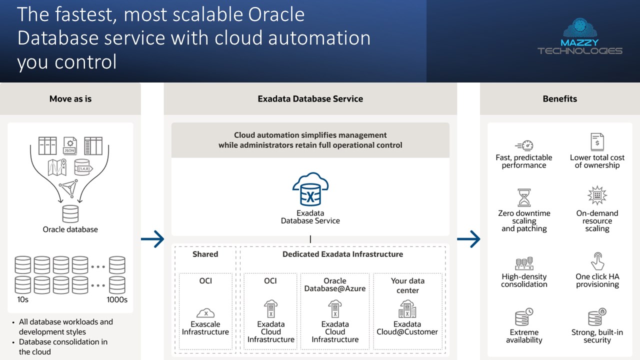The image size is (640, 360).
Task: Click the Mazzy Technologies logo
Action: pos(579,37)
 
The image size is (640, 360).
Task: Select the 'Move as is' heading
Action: pos(70,98)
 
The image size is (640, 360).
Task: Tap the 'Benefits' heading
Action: pos(559,98)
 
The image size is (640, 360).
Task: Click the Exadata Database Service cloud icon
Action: pos(310,189)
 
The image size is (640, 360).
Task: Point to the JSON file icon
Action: pos(69,145)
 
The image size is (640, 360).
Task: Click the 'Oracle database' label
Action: pos(70,229)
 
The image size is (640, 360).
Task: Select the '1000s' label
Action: pos(117,300)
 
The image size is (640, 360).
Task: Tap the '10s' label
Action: pos(22,300)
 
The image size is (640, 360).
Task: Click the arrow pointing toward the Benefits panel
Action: pos(468,239)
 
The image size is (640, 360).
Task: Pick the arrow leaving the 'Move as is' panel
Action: pos(152,239)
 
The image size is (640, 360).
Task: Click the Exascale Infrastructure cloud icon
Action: pos(205,313)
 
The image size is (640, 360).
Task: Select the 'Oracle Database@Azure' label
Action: pos(335,284)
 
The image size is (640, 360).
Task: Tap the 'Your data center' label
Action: pos(407,285)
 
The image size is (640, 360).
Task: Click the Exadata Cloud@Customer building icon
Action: pos(407,309)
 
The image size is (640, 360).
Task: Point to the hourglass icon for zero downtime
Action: pos(524,197)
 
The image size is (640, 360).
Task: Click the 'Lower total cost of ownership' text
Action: pos(597,161)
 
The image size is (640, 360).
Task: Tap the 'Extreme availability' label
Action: pos(524,336)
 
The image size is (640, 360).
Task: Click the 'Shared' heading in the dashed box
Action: pos(205,254)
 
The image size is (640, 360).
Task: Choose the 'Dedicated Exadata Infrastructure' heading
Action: pos(342,254)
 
